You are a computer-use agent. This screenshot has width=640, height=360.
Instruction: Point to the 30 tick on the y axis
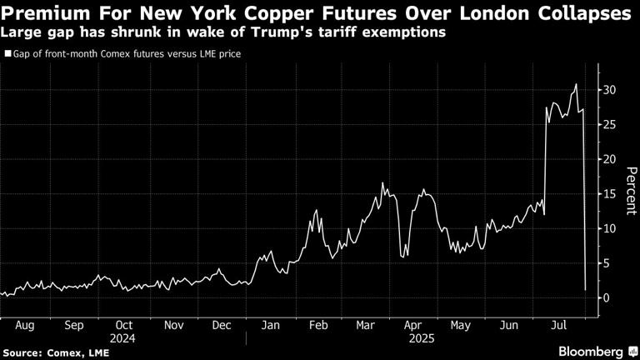coord(610,89)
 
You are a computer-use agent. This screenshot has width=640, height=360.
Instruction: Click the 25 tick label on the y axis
coord(610,124)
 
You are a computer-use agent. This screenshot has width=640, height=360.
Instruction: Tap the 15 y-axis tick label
coord(610,193)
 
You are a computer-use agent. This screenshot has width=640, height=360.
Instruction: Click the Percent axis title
coord(632,193)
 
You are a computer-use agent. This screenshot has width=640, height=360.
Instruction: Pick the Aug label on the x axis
coord(25,327)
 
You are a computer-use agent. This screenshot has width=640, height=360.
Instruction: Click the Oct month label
coord(124,327)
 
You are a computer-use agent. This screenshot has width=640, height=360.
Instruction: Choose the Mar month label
coord(367,327)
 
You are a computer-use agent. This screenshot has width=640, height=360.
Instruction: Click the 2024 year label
coord(124,338)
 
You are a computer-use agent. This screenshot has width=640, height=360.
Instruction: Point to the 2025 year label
coord(418,338)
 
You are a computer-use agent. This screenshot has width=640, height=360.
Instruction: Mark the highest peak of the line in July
coord(576,85)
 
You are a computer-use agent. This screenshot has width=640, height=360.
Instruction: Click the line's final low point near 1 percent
coord(586,289)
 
